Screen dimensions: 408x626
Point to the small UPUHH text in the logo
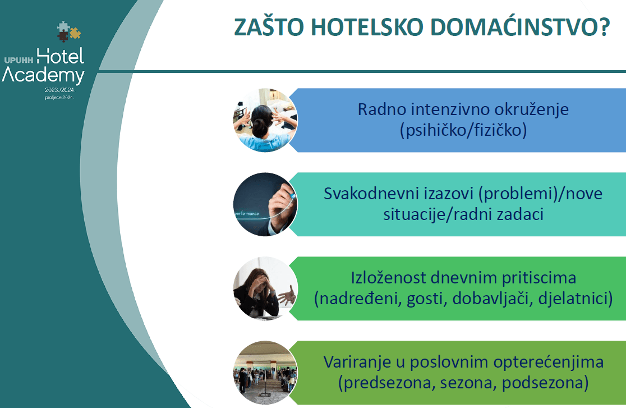pos(19,58)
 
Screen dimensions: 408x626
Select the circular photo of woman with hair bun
pos(265,120)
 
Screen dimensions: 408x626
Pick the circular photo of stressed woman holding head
pos(265,288)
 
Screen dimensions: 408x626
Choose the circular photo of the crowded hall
pos(265,373)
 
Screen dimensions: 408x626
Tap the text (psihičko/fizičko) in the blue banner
pos(463,130)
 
